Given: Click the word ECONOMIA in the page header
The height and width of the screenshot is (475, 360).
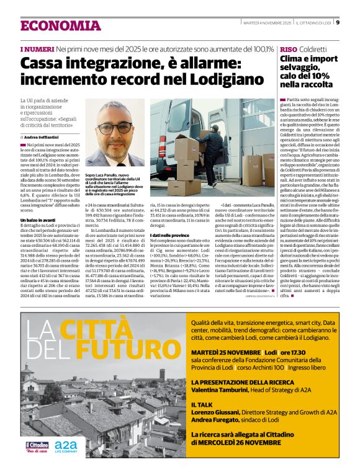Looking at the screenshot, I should (x=60, y=25).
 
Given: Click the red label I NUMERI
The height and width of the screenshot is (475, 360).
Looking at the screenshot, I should (x=37, y=48).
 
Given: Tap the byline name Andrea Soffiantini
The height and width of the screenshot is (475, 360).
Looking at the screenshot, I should (x=47, y=136).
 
